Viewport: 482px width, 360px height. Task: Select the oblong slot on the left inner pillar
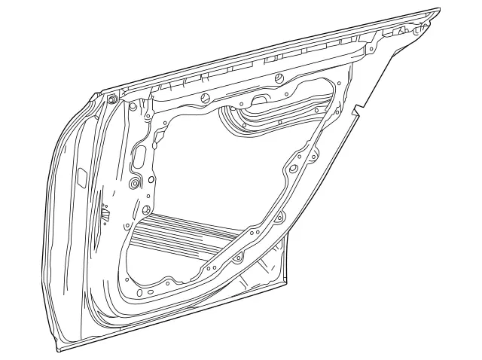pyautogui.click(x=139, y=157)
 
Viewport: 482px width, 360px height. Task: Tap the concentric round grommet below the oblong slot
pyautogui.click(x=136, y=184)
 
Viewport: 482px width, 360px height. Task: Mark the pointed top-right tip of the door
pyautogui.click(x=438, y=10)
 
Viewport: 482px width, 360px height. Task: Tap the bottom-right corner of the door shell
pyautogui.click(x=287, y=284)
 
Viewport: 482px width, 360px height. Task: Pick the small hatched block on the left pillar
pyautogui.click(x=105, y=215)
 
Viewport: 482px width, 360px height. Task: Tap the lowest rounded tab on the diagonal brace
pyautogui.click(x=238, y=258)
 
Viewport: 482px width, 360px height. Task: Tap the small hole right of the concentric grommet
pyautogui.click(x=151, y=179)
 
